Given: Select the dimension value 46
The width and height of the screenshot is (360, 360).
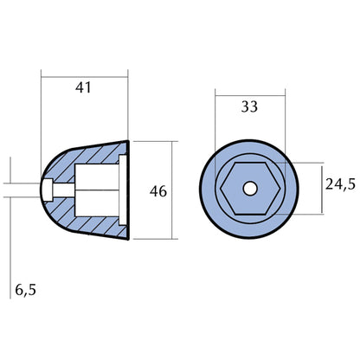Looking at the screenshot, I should pos(155,190).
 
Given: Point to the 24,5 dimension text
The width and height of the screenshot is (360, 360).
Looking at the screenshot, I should pos(339,184).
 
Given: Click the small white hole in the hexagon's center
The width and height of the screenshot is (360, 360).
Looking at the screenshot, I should pos(249,187).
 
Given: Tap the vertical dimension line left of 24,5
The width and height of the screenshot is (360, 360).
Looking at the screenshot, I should pos(324,187).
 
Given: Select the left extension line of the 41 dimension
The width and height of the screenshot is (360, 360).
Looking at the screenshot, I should pos(42,104).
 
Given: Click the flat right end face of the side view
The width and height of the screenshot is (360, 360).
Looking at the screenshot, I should pos(131,188).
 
